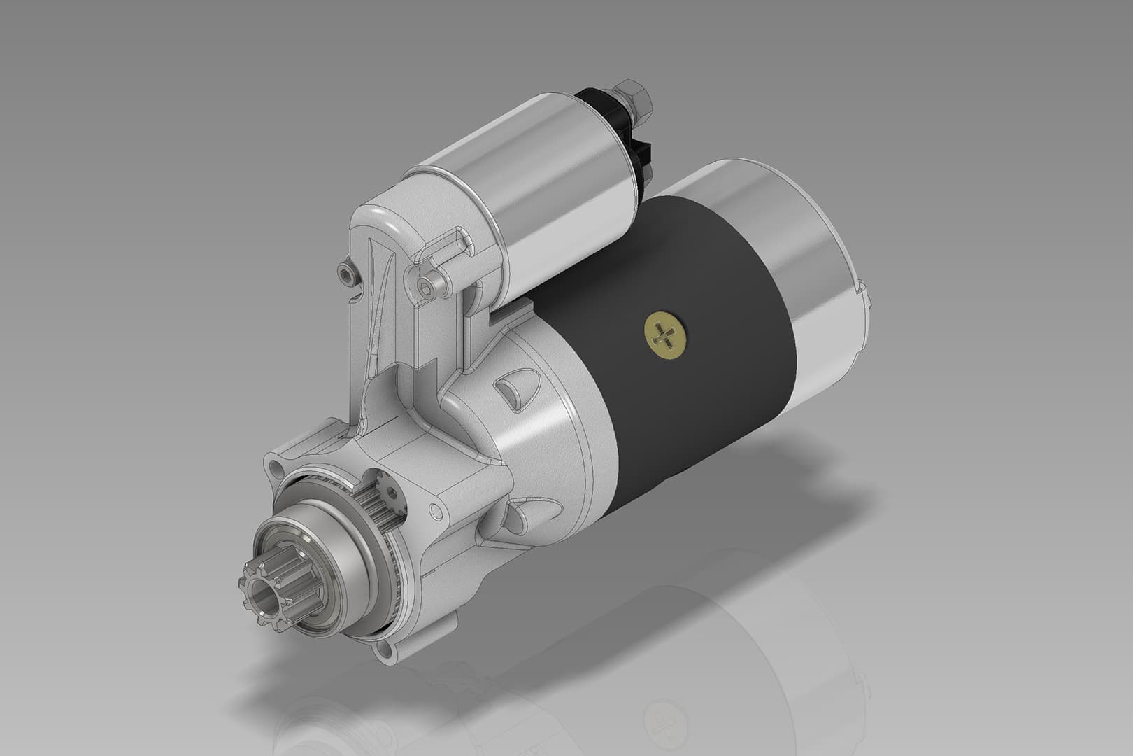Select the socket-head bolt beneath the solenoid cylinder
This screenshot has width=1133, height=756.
click(429, 285)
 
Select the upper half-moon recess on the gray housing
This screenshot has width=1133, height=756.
click(516, 391)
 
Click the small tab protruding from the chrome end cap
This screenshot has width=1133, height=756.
click(866, 294)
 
